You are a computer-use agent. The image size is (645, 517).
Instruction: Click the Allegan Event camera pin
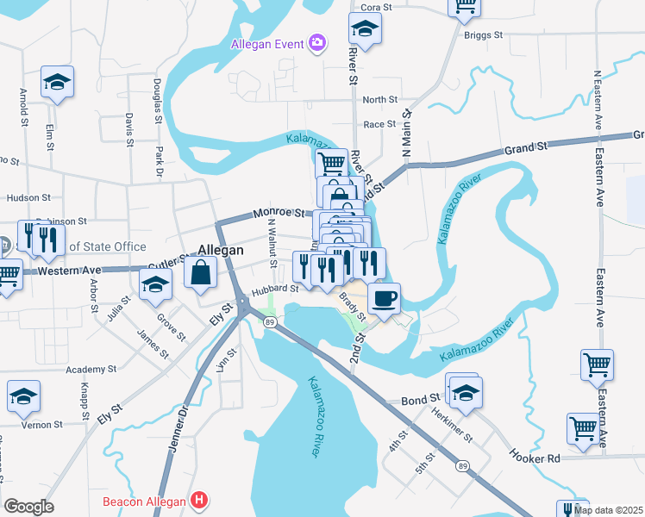[x=317, y=42]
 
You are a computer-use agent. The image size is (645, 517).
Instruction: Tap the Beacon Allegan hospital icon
[x=200, y=499]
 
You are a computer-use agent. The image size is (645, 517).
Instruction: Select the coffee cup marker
[x=383, y=298]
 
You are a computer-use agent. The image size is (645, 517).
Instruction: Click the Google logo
[x=28, y=506]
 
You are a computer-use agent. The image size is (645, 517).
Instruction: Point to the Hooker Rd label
[x=535, y=458]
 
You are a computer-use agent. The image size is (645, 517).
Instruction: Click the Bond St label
[x=422, y=401]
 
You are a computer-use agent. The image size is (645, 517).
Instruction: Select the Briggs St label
[x=485, y=35]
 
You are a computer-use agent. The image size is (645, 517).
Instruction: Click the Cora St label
[x=376, y=7]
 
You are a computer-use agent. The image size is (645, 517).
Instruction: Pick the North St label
[x=379, y=100]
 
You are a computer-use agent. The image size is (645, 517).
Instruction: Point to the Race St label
[x=379, y=124]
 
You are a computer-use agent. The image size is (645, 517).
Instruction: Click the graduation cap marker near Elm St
[x=57, y=83]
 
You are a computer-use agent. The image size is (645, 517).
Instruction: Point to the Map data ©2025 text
[x=607, y=510]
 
